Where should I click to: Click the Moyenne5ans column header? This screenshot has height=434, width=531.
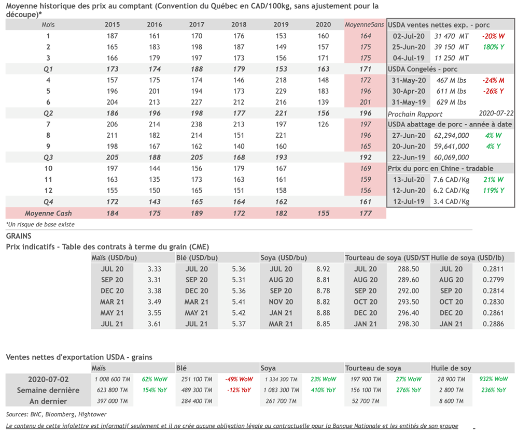pos(365,25)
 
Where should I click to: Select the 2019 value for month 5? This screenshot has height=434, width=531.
pos(281,91)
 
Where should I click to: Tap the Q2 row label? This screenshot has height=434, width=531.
pos(48,113)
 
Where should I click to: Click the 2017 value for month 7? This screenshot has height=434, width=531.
pos(197,124)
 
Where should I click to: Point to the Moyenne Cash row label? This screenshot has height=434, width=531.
pos(48,213)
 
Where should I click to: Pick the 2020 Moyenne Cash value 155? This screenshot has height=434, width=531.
pos(323,213)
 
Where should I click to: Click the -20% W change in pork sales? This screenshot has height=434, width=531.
pos(493,36)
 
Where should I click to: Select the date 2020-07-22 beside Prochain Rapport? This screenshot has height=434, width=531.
pos(496,113)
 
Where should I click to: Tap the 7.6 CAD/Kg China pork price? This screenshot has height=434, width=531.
pos(451,180)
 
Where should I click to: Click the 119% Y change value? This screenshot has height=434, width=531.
pos(493,191)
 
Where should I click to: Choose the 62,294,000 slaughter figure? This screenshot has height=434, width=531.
pos(451,136)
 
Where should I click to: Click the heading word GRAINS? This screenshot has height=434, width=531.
pos(19,236)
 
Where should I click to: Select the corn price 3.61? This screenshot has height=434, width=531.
pos(154,324)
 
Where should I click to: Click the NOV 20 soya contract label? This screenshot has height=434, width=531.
pos(281,302)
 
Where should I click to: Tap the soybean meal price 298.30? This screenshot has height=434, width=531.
pos(408,324)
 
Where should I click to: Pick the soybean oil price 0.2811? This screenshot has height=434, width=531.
pos(493,269)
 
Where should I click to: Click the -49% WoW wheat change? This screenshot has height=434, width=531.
pos(239,379)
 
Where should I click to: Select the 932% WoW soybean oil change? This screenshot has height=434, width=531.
pos(493,379)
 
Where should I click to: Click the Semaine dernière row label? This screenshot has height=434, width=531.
pos(48,390)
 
